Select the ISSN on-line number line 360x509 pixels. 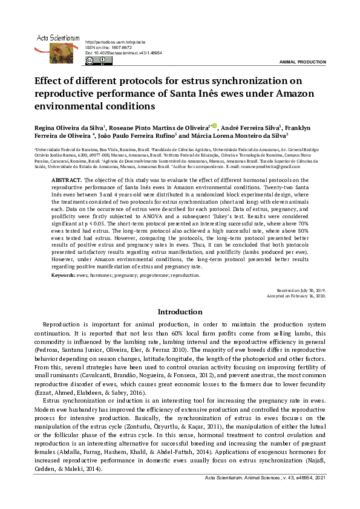(x=109, y=47)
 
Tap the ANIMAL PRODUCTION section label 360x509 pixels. (x=303, y=63)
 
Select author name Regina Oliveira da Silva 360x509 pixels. (x=70, y=128)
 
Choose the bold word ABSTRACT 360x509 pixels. (x=67, y=181)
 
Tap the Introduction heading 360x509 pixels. (x=180, y=313)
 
